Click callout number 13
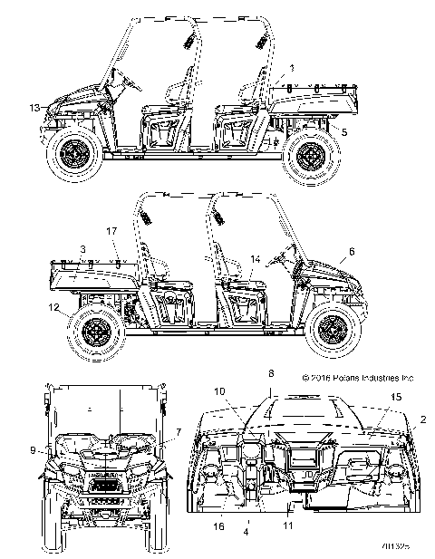[x=34, y=108]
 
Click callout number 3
[x=82, y=246]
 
